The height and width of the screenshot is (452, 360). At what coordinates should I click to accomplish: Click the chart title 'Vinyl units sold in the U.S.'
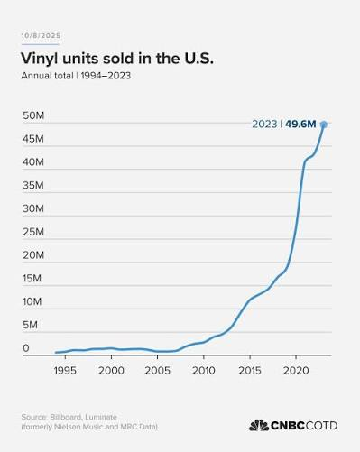tap(117, 58)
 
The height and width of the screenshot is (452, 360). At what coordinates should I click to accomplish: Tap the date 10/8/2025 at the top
tap(41, 35)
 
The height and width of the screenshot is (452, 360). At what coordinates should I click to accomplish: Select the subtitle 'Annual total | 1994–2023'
tap(76, 76)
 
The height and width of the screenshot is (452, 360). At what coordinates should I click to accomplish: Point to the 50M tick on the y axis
tap(33, 115)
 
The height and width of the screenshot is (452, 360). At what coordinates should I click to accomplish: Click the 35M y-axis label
tap(33, 185)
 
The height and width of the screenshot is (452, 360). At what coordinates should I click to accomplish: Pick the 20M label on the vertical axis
tap(33, 255)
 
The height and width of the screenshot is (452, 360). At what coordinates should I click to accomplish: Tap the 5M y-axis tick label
tap(30, 325)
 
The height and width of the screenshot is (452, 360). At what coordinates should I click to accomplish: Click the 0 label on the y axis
tap(26, 348)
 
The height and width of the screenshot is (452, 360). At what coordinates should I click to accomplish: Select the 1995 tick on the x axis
tap(65, 371)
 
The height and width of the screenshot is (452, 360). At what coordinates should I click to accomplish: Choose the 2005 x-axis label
tap(157, 371)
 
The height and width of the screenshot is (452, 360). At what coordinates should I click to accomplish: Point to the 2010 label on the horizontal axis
tap(204, 371)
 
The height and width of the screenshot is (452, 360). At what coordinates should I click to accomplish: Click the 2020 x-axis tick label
tap(296, 371)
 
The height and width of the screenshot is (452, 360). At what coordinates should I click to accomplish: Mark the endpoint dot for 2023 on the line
tap(324, 125)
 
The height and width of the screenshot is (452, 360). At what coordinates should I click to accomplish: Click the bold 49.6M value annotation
tap(300, 124)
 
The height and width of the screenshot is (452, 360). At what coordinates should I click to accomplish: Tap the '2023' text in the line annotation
tap(264, 124)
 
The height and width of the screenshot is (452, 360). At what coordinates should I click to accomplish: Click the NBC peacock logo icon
tap(259, 425)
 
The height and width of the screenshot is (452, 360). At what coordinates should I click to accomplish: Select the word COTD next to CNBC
tap(321, 426)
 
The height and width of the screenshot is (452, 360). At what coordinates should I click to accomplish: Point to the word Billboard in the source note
tap(66, 417)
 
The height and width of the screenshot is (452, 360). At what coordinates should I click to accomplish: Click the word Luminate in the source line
tap(101, 417)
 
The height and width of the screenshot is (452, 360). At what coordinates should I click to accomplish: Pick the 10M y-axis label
tap(32, 301)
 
